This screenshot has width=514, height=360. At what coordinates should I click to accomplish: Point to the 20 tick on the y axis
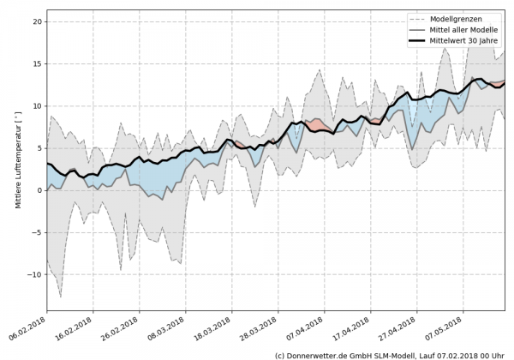pos(37,21)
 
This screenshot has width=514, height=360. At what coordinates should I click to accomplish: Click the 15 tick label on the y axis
pos(37,63)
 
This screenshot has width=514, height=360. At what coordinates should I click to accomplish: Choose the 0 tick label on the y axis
pos(39,190)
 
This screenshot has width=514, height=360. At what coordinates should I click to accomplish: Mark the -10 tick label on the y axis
pos(34,274)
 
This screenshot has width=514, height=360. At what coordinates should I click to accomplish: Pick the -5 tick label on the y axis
pos(37,232)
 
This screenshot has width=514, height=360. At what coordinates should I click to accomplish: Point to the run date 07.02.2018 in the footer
pos(463,354)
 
